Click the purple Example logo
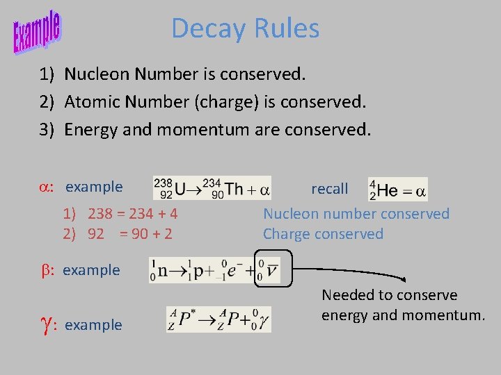point(37,31)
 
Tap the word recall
point(330,189)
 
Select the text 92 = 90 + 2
point(131,234)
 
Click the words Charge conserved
point(323,234)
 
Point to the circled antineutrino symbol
point(271,270)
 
